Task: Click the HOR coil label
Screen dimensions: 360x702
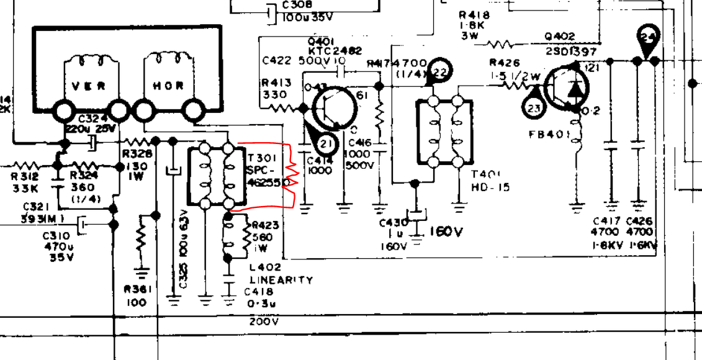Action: click(169, 86)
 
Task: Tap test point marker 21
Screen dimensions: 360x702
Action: click(325, 143)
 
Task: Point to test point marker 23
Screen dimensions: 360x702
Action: click(534, 108)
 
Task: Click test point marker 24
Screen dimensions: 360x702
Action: click(647, 38)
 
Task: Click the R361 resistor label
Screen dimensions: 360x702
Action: click(135, 289)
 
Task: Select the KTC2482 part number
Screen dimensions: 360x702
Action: click(335, 51)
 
